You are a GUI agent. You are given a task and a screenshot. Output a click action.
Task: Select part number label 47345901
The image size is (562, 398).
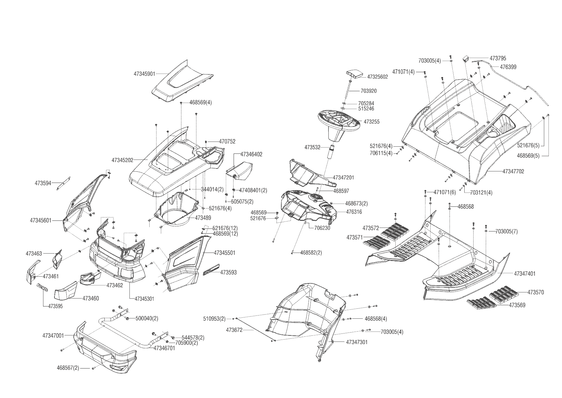click(x=144, y=74)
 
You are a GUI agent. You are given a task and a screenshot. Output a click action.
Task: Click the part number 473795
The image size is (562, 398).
click(x=498, y=58)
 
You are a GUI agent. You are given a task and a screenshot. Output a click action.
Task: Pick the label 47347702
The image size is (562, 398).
click(x=513, y=171)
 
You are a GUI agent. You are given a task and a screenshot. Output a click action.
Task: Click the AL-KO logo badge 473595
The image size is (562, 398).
click(x=42, y=287)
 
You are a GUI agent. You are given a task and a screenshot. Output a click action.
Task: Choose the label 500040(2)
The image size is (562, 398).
click(x=147, y=318)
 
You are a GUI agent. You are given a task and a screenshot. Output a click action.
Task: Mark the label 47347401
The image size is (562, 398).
click(x=525, y=274)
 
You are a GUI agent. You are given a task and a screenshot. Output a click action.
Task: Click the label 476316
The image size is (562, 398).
click(x=354, y=212)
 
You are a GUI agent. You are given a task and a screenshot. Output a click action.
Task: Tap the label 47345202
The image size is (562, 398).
click(x=122, y=160)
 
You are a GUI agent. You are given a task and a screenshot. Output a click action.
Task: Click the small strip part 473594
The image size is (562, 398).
click(x=64, y=183)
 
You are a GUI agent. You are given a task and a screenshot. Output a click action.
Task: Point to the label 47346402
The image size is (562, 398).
click(x=251, y=154)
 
